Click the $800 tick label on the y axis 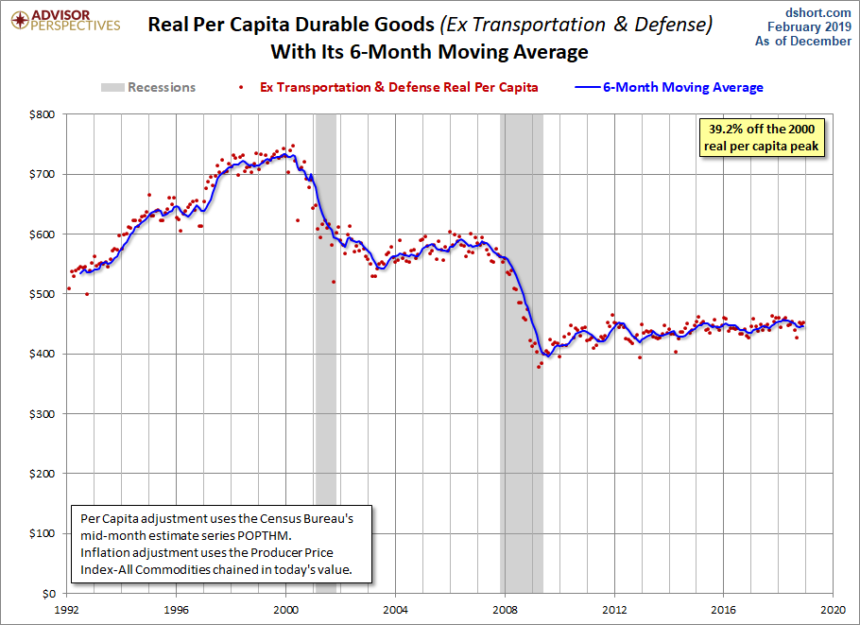pos(43,114)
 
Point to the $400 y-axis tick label pos(43,354)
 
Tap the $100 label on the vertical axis pos(43,533)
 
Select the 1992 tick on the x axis pos(66,610)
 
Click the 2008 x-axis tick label pos(505,610)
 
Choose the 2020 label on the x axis pos(834,610)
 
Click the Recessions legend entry pos(148,87)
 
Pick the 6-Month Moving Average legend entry pos(669,87)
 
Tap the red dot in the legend pos(241,87)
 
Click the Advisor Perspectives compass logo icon pos(20,21)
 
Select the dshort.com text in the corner pos(817,12)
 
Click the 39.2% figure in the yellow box pos(726,130)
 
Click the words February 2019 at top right pos(809,26)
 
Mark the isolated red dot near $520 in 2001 pos(334,282)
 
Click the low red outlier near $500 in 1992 pos(87,294)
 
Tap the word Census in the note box pos(279,518)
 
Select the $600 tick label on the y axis pos(43,234)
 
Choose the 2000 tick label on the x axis pos(285,610)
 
